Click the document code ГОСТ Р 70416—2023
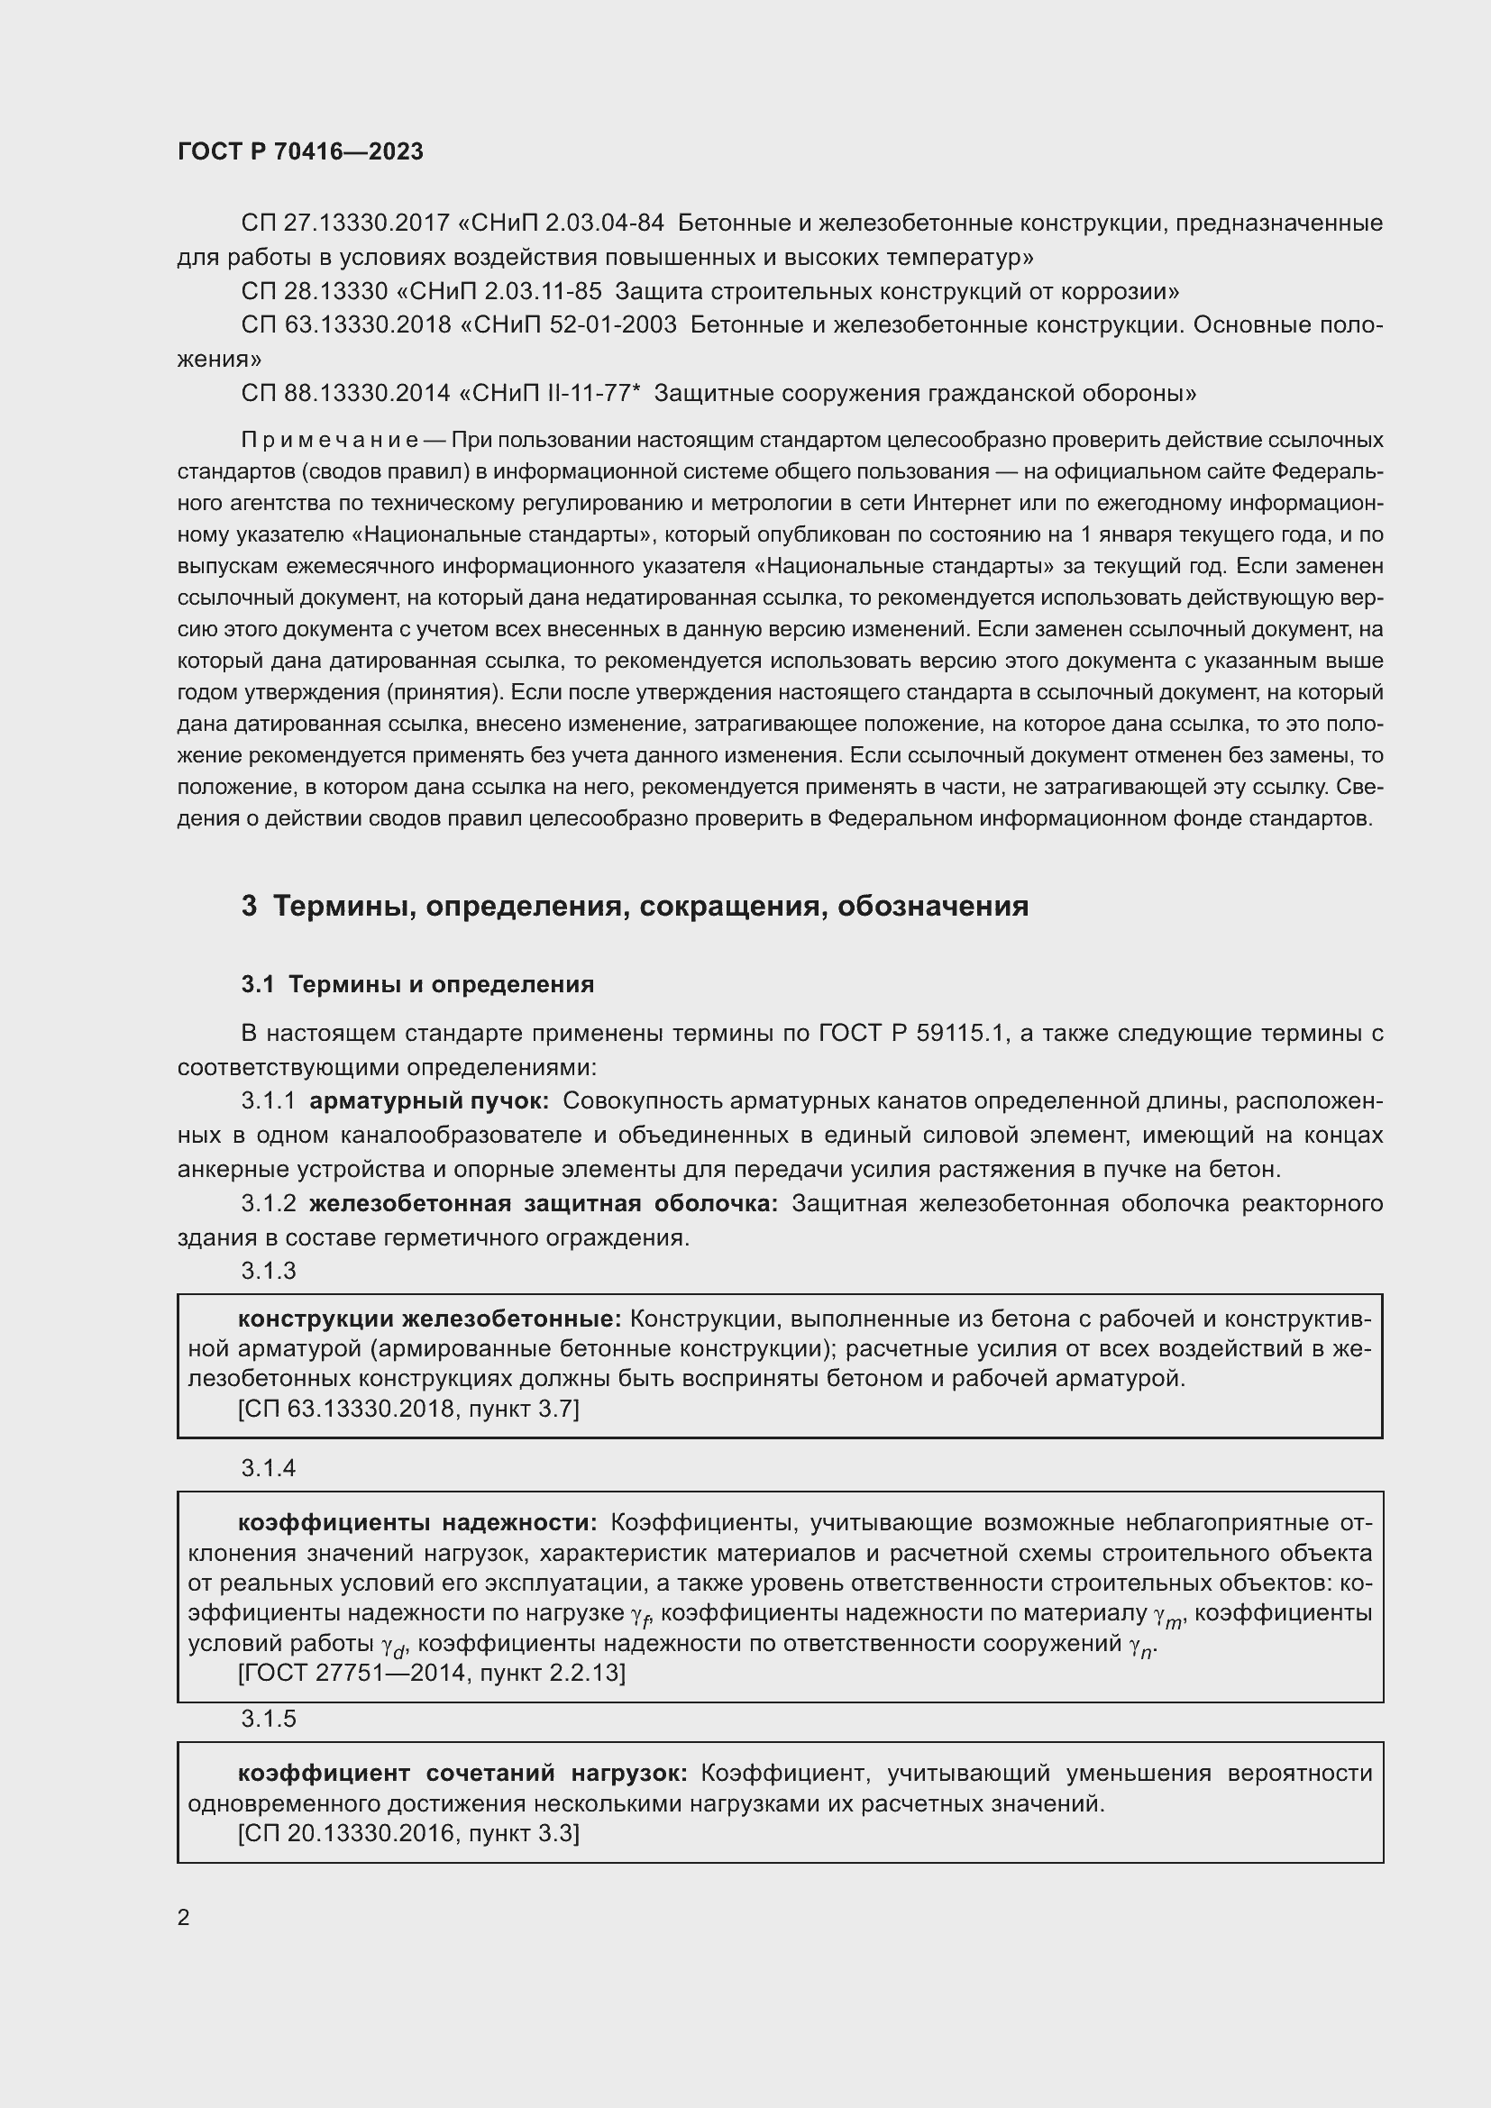click(x=300, y=151)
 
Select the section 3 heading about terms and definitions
click(x=635, y=906)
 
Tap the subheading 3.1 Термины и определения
click(x=417, y=984)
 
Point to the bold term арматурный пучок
click(x=429, y=1100)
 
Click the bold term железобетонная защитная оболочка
click(x=544, y=1204)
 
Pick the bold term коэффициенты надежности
click(x=417, y=1523)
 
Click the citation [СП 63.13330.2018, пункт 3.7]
click(x=408, y=1409)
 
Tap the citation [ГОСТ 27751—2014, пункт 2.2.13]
click(x=432, y=1673)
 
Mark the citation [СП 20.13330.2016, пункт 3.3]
click(x=408, y=1833)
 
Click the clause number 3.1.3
click(x=268, y=1271)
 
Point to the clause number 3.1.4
click(x=268, y=1468)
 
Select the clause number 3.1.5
click(x=268, y=1719)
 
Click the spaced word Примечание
click(x=330, y=441)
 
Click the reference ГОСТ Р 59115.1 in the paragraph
click(x=913, y=1034)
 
